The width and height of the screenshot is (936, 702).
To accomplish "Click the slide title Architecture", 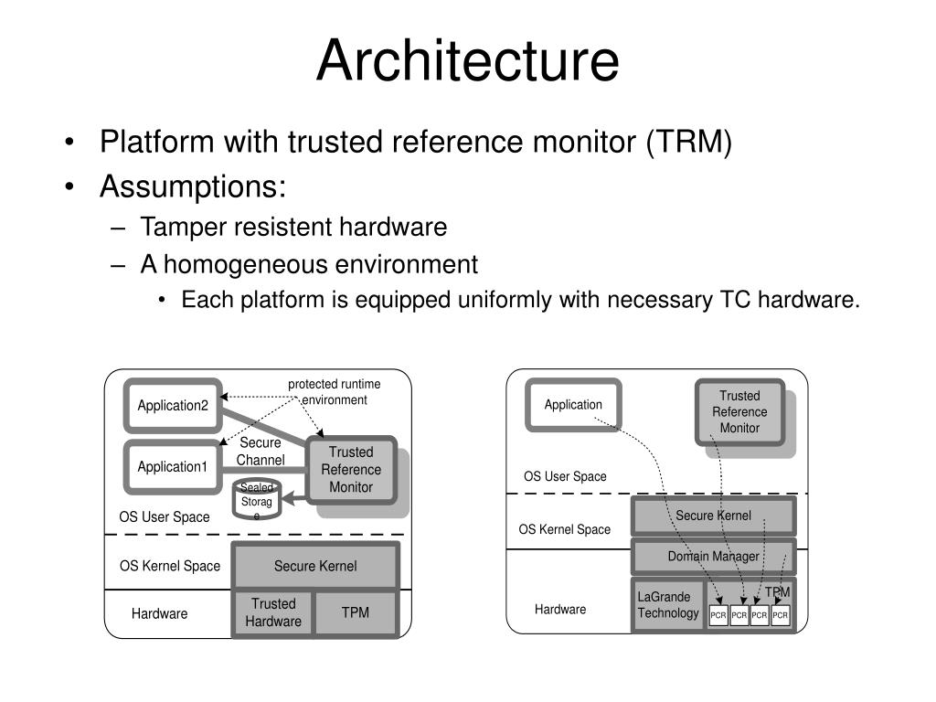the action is [467, 60].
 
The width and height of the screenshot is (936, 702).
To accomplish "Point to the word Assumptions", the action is [193, 186].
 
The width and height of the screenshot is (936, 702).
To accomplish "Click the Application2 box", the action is [173, 405].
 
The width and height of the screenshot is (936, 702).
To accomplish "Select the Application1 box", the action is [173, 467].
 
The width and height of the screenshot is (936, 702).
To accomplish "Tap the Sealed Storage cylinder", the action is [256, 498].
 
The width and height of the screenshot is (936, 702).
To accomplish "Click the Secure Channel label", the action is [261, 452].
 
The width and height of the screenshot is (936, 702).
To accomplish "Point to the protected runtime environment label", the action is [335, 391].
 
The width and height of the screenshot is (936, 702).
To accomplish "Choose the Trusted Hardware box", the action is [272, 612].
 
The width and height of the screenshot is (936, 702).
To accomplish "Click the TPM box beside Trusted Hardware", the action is [356, 612].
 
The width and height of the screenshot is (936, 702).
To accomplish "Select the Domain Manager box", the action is [713, 557].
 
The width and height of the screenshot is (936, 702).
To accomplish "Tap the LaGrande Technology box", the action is [668, 605].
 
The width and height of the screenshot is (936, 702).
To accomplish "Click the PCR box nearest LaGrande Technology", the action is [718, 615].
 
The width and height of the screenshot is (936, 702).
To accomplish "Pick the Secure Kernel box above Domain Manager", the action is [713, 516].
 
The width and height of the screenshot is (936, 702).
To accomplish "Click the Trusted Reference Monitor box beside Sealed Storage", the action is [351, 470].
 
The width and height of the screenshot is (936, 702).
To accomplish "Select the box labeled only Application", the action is [573, 405].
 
